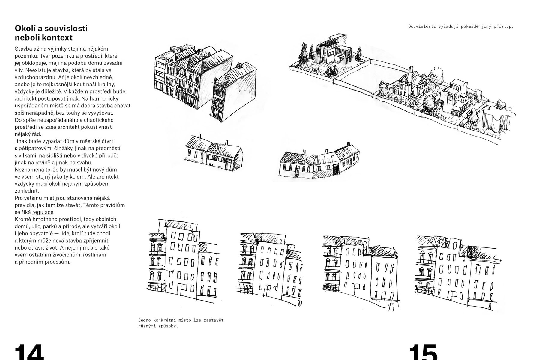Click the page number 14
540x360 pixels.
pos(29,352)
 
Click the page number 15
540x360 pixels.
pos(423,352)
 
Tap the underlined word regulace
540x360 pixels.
pos(43,212)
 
